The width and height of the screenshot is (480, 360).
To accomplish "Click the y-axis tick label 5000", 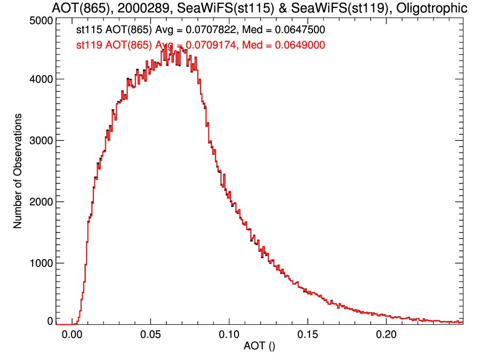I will (41, 20).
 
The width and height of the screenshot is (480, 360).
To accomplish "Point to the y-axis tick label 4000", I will (41, 79).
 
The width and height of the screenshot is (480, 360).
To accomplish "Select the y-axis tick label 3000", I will (41, 140).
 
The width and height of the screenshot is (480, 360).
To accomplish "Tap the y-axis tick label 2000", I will (41, 202).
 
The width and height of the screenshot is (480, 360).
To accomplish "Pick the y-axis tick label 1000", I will (41, 263).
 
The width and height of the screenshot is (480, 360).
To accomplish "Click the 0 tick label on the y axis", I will (49, 321).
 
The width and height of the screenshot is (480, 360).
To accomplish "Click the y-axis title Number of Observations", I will (18, 171).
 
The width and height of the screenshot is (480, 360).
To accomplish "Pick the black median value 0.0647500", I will (293, 30).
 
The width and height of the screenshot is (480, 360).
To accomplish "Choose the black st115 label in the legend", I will (87, 30).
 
